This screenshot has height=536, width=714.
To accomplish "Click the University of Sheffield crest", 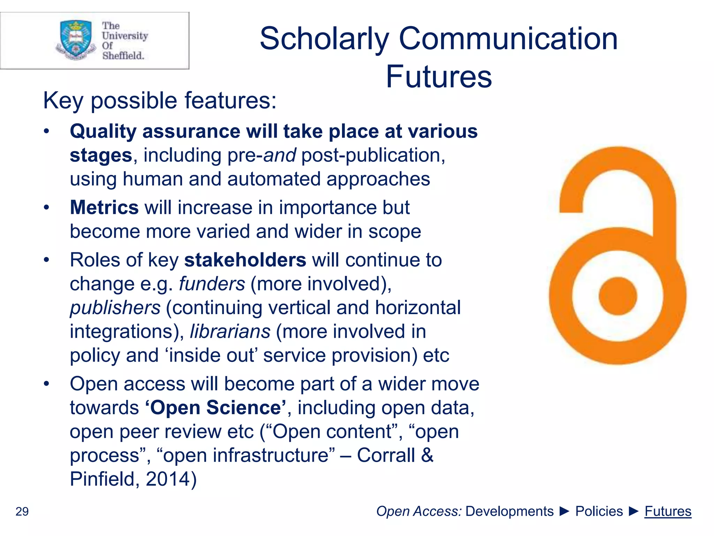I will click(76, 39).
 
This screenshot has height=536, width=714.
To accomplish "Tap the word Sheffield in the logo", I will click(123, 55).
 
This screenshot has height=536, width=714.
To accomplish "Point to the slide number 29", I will click(22, 511).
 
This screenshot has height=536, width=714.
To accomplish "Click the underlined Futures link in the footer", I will click(668, 511).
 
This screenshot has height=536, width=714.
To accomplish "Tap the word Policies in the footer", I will click(599, 511).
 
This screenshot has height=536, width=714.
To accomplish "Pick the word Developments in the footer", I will click(509, 511).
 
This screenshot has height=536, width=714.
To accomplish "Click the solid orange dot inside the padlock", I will click(617, 296).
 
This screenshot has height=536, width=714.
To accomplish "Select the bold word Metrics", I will click(104, 208).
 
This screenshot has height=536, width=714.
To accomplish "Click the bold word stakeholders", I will click(245, 260).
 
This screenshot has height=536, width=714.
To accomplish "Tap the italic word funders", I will click(212, 284).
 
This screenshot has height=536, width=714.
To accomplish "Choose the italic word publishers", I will click(115, 308).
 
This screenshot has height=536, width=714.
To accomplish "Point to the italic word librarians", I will click(230, 332).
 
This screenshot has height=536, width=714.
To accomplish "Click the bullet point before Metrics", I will click(46, 208).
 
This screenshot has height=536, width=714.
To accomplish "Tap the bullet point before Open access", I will click(46, 384).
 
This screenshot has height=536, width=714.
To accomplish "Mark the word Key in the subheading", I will click(63, 101).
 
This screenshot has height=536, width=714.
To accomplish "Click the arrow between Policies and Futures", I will click(634, 511).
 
